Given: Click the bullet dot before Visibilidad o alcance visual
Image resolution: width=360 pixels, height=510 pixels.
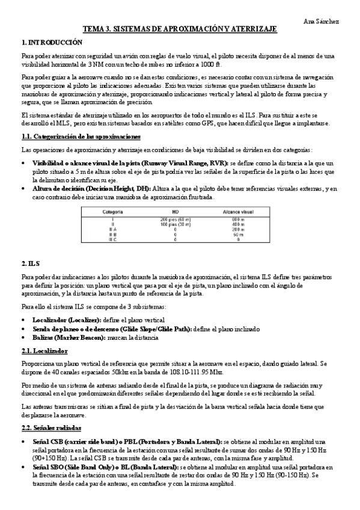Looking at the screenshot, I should [23, 163].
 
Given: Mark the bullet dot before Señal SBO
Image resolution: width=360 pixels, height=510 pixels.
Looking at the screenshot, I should [23, 467].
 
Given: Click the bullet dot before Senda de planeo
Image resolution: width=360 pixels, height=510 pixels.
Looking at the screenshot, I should [23, 330].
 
